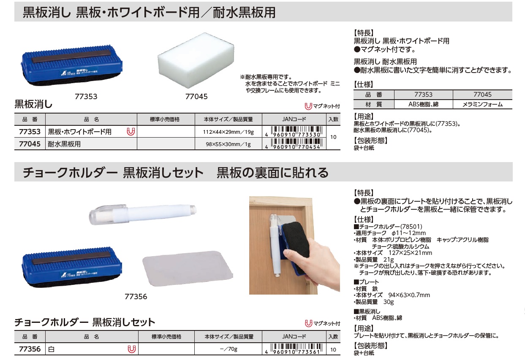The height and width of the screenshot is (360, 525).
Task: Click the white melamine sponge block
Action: [196, 60]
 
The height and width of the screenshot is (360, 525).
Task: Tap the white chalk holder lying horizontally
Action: [142, 214]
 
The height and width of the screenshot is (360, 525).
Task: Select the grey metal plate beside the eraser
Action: [188, 268]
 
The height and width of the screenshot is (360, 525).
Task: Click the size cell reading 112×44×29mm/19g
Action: [228, 132]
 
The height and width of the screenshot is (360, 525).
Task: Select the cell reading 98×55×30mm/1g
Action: [228, 144]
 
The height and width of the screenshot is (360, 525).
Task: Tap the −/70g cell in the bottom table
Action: [228, 349]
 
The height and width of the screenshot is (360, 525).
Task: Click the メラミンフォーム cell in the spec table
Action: [482, 104]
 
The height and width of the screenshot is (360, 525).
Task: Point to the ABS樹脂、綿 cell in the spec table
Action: [423, 104]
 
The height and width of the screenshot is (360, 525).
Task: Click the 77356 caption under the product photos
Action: [136, 297]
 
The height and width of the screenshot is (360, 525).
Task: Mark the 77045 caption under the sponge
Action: [196, 97]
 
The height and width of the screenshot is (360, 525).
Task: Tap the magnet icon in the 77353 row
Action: [131, 132]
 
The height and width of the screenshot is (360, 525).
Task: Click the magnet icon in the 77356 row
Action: [132, 349]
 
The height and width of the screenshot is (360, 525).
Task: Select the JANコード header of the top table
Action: [294, 119]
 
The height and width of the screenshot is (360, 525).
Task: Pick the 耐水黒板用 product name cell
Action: [64, 144]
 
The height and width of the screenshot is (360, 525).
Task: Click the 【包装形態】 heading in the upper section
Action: [370, 141]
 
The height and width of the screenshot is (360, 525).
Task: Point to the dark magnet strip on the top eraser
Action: [71, 56]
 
